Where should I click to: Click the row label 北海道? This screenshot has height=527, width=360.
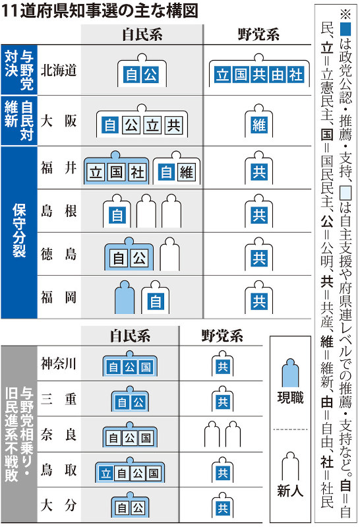59,71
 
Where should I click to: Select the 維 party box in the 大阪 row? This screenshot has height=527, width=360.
259,126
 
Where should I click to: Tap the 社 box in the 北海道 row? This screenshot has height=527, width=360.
296,75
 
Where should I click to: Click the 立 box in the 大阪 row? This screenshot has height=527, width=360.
152,126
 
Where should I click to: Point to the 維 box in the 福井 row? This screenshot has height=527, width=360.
187,173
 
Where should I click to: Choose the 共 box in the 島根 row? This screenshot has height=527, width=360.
259,215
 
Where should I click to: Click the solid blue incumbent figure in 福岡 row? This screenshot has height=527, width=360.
125,297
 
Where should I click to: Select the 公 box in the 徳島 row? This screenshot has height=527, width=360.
140,258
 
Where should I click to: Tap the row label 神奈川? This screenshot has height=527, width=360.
59,363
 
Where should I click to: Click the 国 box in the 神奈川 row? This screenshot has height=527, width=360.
146,367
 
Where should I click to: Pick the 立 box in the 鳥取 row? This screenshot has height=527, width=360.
106,473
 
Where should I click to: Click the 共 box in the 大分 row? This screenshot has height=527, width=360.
222,508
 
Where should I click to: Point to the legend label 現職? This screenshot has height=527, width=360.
290,398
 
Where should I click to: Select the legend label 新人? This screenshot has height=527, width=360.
290,491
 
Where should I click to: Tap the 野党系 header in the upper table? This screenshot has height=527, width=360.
258,34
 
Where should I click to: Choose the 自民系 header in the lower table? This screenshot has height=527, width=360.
130,336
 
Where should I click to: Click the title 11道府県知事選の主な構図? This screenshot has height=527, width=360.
100,11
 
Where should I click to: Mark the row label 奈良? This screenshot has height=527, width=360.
59,435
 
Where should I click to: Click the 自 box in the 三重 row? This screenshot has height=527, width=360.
122,402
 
